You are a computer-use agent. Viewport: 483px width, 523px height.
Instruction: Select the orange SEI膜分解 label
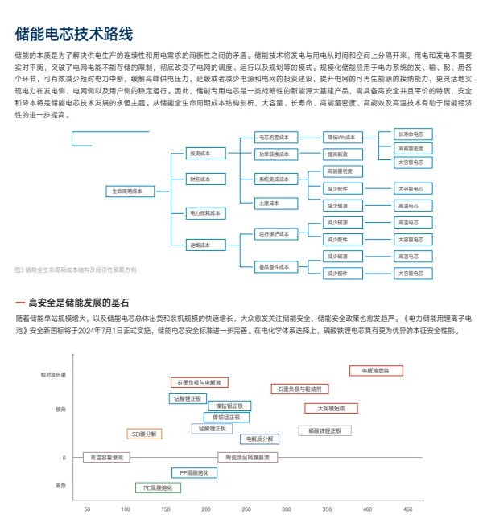(x=146, y=434)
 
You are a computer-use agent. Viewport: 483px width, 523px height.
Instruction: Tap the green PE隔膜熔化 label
(x=158, y=488)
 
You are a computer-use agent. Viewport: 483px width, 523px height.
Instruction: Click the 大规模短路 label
(x=330, y=408)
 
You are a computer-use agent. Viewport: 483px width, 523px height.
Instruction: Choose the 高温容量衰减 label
(x=105, y=457)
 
